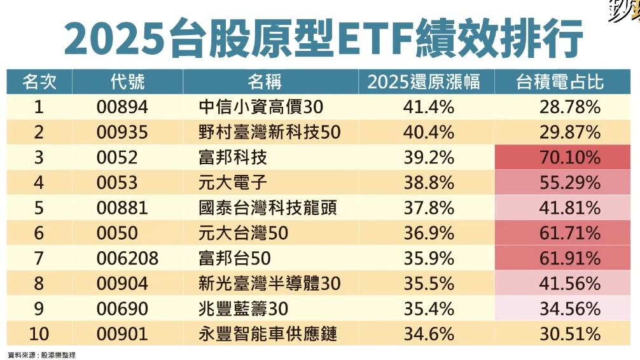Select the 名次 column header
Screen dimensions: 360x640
(39, 82)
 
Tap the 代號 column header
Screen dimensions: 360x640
(127, 82)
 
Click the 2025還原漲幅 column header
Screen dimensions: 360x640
(422, 82)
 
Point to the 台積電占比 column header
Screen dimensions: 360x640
(560, 82)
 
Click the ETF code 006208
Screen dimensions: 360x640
(127, 258)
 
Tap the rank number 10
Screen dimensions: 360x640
(39, 334)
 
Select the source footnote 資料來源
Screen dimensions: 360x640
(41, 354)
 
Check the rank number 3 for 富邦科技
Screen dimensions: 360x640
(39, 157)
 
